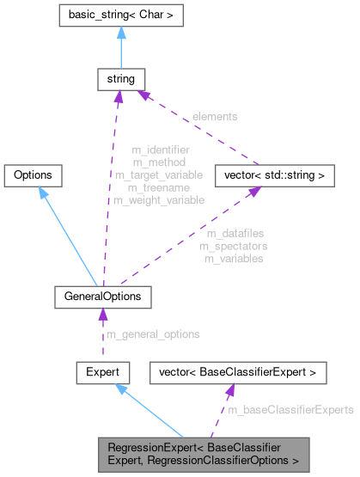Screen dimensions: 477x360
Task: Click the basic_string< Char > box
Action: pos(117,15)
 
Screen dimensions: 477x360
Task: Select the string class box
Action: pos(117,80)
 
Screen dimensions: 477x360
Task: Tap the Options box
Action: pos(33,175)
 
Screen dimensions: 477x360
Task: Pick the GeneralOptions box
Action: pos(103,297)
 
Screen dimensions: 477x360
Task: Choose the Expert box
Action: pos(103,372)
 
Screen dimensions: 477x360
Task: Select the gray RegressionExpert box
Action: pos(202,453)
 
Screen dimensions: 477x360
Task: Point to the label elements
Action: pos(215,115)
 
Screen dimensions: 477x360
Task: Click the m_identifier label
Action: pos(161,150)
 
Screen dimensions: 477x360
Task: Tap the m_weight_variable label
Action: pos(159,200)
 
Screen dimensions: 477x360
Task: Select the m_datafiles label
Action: pos(234,233)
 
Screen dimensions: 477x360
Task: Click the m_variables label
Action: pos(234,259)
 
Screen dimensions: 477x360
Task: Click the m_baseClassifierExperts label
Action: pos(290,411)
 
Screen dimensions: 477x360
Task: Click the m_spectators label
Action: pos(234,246)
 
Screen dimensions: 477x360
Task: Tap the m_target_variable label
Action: pos(160,174)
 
